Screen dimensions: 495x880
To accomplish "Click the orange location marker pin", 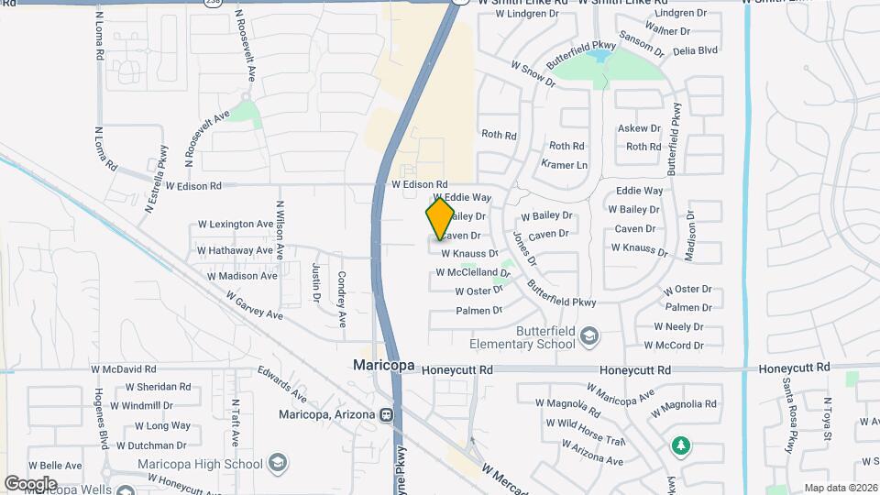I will [x=440, y=218].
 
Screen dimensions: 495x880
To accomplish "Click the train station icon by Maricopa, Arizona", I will [x=387, y=414].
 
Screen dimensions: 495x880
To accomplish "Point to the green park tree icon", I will [x=680, y=445].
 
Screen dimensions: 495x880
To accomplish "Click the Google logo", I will [x=30, y=483].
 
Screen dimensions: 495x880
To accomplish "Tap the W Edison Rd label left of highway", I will [x=191, y=186].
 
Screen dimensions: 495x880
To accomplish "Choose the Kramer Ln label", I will [x=564, y=165].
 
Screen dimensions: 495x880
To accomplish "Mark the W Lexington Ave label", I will [x=236, y=225].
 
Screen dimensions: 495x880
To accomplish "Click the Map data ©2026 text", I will [x=841, y=488].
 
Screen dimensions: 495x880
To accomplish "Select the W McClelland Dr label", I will [x=472, y=272].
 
